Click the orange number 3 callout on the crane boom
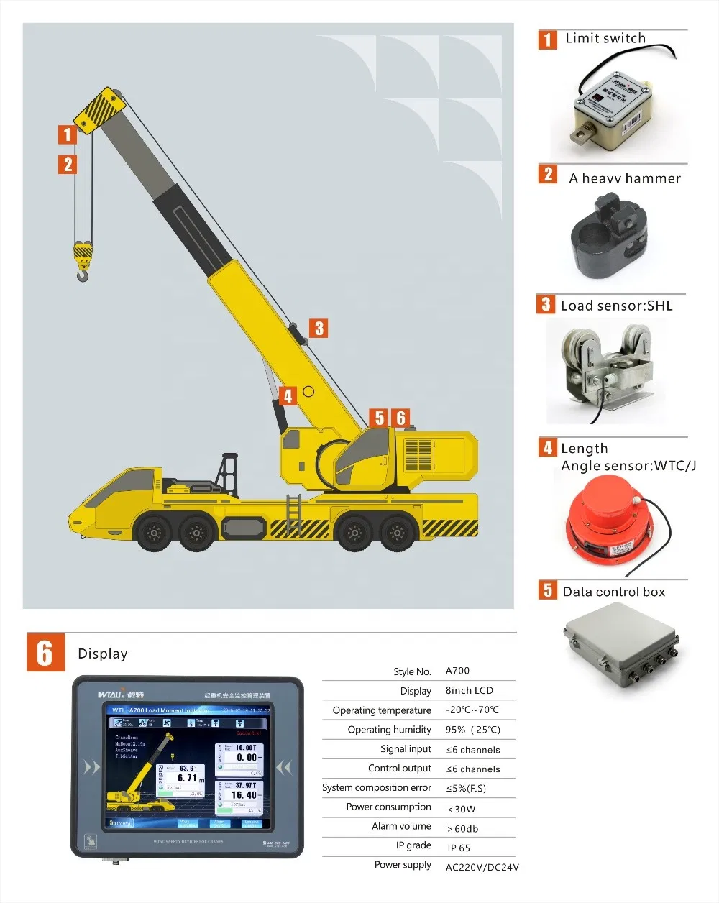[319, 329]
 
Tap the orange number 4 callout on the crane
[288, 395]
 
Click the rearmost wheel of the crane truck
[397, 533]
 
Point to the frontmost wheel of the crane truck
[152, 533]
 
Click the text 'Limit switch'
[605, 38]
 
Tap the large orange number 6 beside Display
[45, 652]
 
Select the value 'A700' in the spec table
[457, 671]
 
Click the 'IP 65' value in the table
[459, 848]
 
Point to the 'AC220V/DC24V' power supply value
[482, 867]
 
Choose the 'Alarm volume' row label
[401, 826]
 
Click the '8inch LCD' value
[469, 690]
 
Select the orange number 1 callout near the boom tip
[68, 134]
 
